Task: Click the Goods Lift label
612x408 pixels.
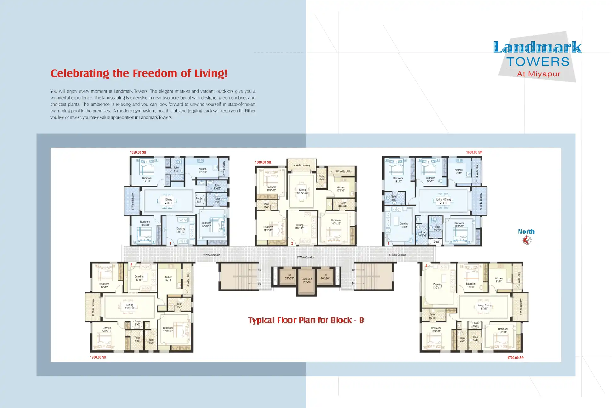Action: pyautogui.click(x=307, y=280)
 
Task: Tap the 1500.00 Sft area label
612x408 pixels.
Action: pyautogui.click(x=263, y=162)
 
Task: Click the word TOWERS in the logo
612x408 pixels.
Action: pyautogui.click(x=538, y=62)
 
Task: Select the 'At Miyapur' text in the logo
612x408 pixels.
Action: pyautogui.click(x=539, y=74)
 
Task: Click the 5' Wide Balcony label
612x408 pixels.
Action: pyautogui.click(x=302, y=165)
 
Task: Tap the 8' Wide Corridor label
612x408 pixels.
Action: pyautogui.click(x=305, y=258)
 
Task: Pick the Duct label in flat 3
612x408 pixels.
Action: pyautogui.click(x=436, y=242)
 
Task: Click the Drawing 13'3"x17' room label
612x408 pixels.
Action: pyautogui.click(x=438, y=286)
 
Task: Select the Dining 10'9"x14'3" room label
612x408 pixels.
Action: pyautogui.click(x=302, y=191)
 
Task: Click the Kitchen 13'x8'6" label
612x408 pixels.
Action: pyautogui.click(x=202, y=171)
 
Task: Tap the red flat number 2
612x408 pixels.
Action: pyautogui.click(x=292, y=243)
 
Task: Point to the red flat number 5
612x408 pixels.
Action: pyautogui.click(x=131, y=265)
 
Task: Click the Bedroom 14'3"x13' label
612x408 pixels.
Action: pyautogui.click(x=336, y=222)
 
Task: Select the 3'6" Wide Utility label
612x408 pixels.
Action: pyautogui.click(x=343, y=172)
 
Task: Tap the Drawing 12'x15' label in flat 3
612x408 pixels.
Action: pyautogui.click(x=404, y=225)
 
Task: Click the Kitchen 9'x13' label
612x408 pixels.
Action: pyautogui.click(x=168, y=279)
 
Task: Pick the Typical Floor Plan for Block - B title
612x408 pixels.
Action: pyautogui.click(x=306, y=320)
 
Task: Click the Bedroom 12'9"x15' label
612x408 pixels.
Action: pyautogui.click(x=168, y=329)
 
